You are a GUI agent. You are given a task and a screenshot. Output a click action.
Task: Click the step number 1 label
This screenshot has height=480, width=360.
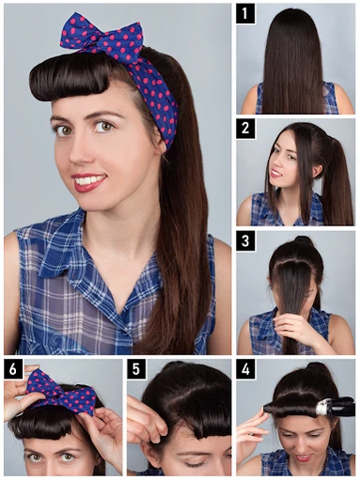245,13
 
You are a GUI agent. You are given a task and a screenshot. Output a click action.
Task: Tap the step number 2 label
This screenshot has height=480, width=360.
245,129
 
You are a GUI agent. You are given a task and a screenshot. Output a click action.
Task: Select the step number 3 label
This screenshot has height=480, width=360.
245,241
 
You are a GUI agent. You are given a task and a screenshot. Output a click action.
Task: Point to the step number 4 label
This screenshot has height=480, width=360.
245,369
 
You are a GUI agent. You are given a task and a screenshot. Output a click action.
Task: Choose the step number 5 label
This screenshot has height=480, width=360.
136,369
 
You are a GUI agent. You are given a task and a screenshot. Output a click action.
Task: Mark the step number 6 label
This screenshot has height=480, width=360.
13,369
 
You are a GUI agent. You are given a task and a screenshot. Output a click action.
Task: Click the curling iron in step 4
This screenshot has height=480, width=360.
335,407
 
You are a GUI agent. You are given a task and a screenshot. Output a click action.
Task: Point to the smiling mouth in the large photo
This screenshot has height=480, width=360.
89,181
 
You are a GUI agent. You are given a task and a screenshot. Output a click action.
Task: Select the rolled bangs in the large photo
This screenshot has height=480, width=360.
70,77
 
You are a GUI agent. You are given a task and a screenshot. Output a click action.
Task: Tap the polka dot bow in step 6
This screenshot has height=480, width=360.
61,392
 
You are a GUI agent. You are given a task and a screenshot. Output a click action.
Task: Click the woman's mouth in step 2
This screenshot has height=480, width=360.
276,173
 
